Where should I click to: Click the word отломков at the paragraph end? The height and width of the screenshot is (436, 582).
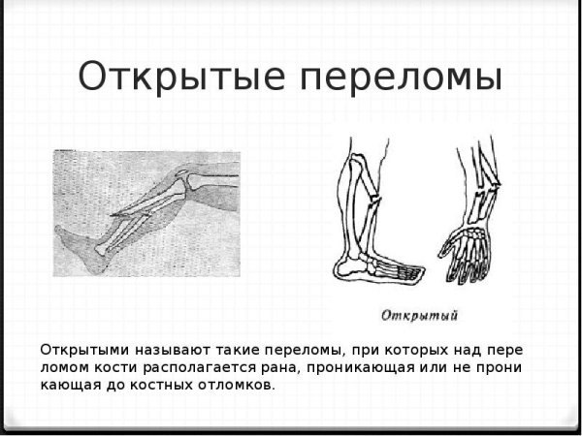tap(242, 385)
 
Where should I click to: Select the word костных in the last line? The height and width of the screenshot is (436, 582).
tap(178, 385)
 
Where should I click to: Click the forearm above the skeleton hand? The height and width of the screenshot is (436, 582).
tap(477, 184)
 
